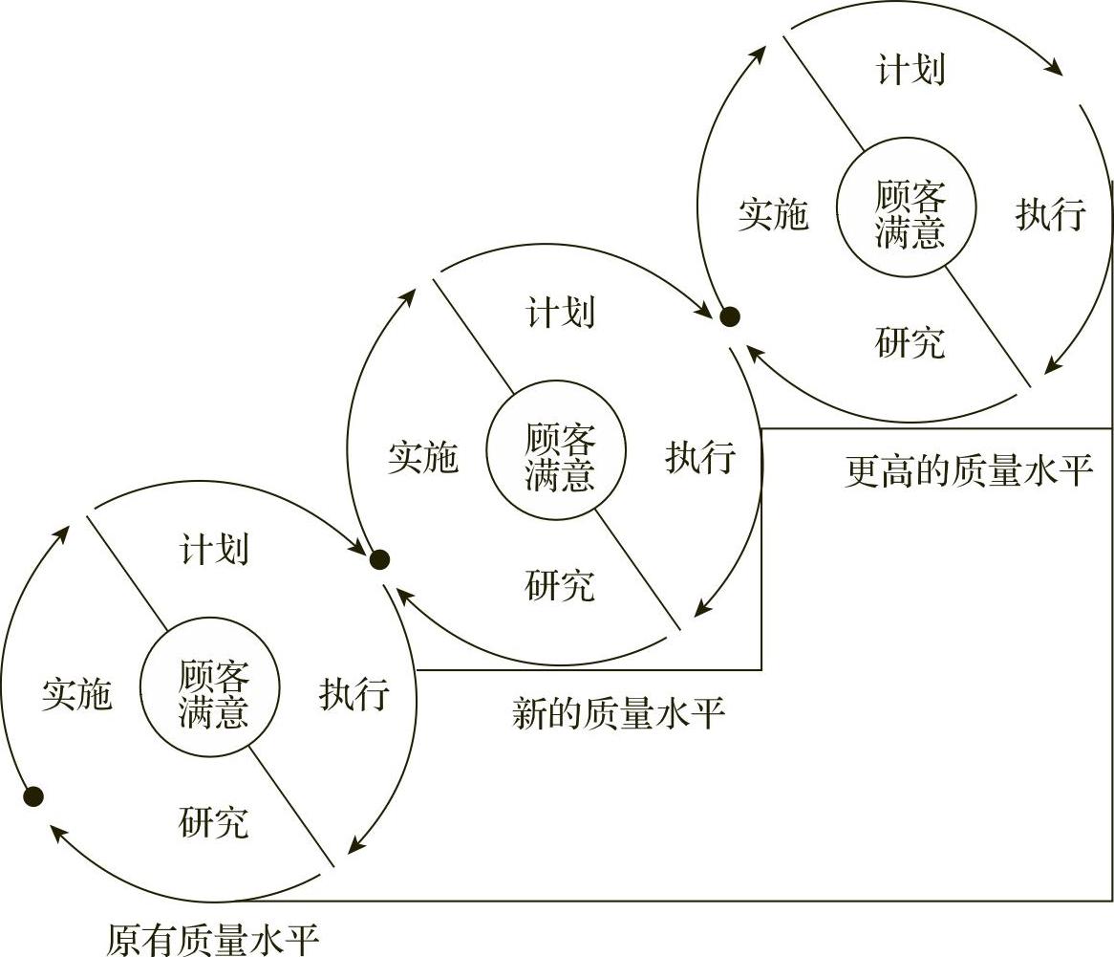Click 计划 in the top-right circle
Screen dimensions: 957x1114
[x=910, y=71]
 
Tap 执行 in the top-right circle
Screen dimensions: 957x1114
[x=1050, y=216]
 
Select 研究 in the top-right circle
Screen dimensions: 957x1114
[x=910, y=342]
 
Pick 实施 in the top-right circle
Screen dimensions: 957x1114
[x=773, y=216]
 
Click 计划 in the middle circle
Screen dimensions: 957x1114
[x=560, y=313]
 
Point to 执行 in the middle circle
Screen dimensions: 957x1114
[x=700, y=458]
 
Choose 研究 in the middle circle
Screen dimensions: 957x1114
[x=560, y=585]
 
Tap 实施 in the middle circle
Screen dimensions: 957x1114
[x=422, y=458]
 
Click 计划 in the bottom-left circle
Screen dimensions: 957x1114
[x=214, y=551]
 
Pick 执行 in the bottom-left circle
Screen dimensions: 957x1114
[x=353, y=695]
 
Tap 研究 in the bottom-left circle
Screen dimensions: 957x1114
[x=214, y=822]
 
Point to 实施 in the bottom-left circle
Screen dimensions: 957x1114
[x=76, y=695]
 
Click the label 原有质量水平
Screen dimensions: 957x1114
[x=211, y=939]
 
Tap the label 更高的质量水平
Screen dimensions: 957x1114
[x=969, y=470]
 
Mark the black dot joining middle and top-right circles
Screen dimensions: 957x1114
[x=730, y=317]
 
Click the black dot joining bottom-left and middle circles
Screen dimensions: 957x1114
[x=379, y=560]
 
